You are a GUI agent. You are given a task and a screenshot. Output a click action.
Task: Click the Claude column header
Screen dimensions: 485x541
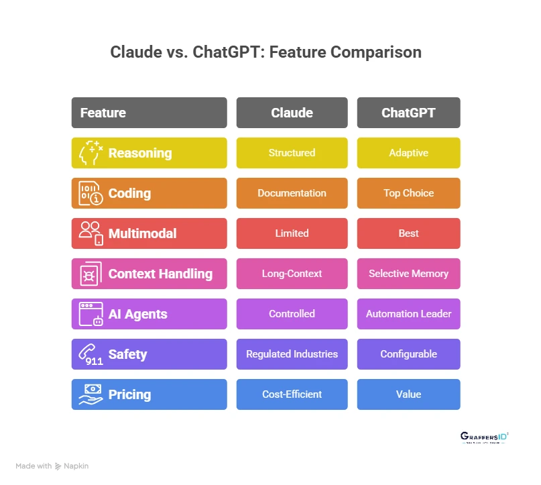292,113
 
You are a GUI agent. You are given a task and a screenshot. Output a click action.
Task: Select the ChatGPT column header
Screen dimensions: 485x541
408,113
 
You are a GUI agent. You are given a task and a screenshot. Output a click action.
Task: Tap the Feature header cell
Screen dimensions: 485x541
149,113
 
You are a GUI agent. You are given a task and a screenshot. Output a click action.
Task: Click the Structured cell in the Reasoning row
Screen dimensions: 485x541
292,153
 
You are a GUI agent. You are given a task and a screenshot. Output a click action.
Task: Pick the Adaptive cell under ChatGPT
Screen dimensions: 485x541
408,153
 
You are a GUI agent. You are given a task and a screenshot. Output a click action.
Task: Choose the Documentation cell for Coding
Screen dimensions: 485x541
292,193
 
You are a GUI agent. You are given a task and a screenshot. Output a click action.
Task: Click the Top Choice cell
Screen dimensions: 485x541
408,193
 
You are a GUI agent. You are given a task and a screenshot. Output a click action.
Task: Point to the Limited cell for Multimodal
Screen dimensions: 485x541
292,233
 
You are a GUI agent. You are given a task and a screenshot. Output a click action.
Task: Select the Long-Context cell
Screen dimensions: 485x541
292,274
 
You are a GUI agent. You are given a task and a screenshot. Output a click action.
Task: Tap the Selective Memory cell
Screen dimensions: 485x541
408,274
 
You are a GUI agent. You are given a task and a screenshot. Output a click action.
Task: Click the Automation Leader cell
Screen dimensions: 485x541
408,314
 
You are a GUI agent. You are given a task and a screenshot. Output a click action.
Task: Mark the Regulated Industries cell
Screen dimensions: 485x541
292,354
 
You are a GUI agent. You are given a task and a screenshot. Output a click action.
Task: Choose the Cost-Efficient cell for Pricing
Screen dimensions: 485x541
292,394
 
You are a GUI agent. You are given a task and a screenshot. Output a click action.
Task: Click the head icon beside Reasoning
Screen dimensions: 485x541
91,153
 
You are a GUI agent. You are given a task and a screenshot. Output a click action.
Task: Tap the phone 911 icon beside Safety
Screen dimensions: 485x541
91,354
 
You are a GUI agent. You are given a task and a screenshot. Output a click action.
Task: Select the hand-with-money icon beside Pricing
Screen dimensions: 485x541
91,394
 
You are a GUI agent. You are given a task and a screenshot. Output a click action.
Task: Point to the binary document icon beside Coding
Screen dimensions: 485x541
91,193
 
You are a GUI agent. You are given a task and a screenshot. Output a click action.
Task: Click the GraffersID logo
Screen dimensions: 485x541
484,438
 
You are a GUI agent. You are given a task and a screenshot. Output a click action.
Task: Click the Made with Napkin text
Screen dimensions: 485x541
52,466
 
